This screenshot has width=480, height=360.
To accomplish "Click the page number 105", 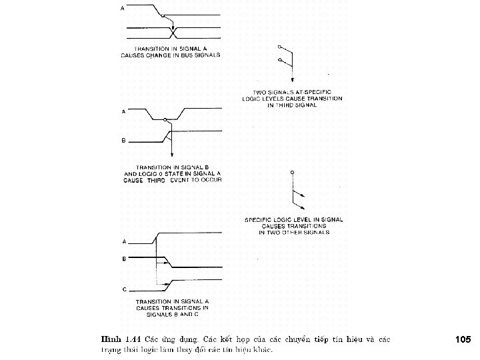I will [x=463, y=339].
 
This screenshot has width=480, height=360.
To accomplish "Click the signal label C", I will [x=123, y=288].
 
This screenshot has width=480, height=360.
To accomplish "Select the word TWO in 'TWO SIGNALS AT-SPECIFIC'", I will [x=261, y=92].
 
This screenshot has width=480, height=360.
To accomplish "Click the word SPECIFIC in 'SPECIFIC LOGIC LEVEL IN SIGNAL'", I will [x=261, y=219].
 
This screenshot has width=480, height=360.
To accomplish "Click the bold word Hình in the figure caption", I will [x=109, y=339].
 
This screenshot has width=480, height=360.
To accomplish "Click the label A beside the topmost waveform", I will [x=122, y=9].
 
